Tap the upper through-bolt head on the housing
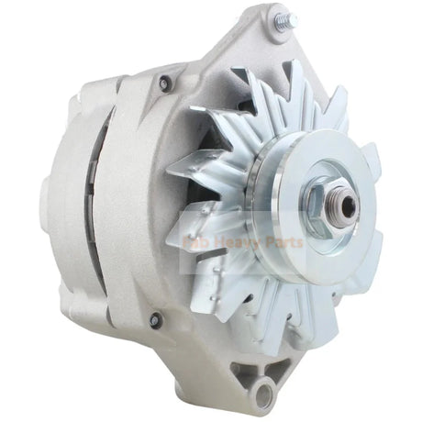coord(165,83)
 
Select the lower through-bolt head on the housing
coord(155,320)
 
